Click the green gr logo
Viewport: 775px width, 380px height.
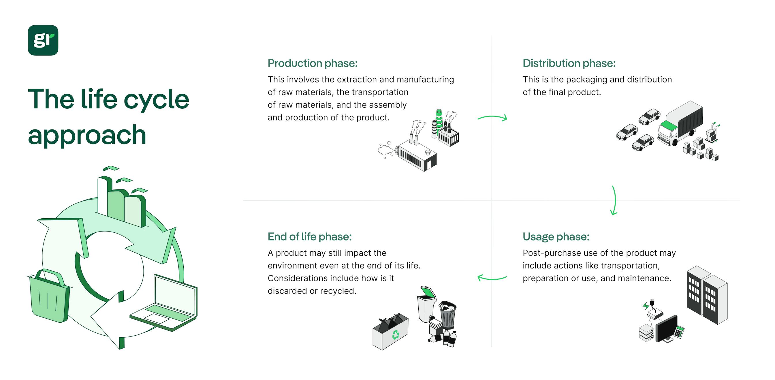click(x=43, y=40)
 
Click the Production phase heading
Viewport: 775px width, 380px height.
click(x=313, y=63)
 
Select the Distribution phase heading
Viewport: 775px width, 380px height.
click(x=569, y=63)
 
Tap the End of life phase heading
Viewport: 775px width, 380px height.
click(x=310, y=236)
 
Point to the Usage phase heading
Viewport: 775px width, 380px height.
click(x=556, y=236)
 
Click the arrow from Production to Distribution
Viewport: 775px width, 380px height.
click(x=492, y=118)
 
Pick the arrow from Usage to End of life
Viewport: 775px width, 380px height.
click(x=492, y=278)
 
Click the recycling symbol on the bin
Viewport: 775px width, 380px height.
click(x=395, y=334)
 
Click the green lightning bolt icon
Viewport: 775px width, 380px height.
click(x=645, y=306)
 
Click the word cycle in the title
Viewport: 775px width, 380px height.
click(x=156, y=99)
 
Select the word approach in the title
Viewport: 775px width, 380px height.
click(x=87, y=135)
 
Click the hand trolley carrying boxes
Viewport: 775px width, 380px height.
click(x=712, y=133)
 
